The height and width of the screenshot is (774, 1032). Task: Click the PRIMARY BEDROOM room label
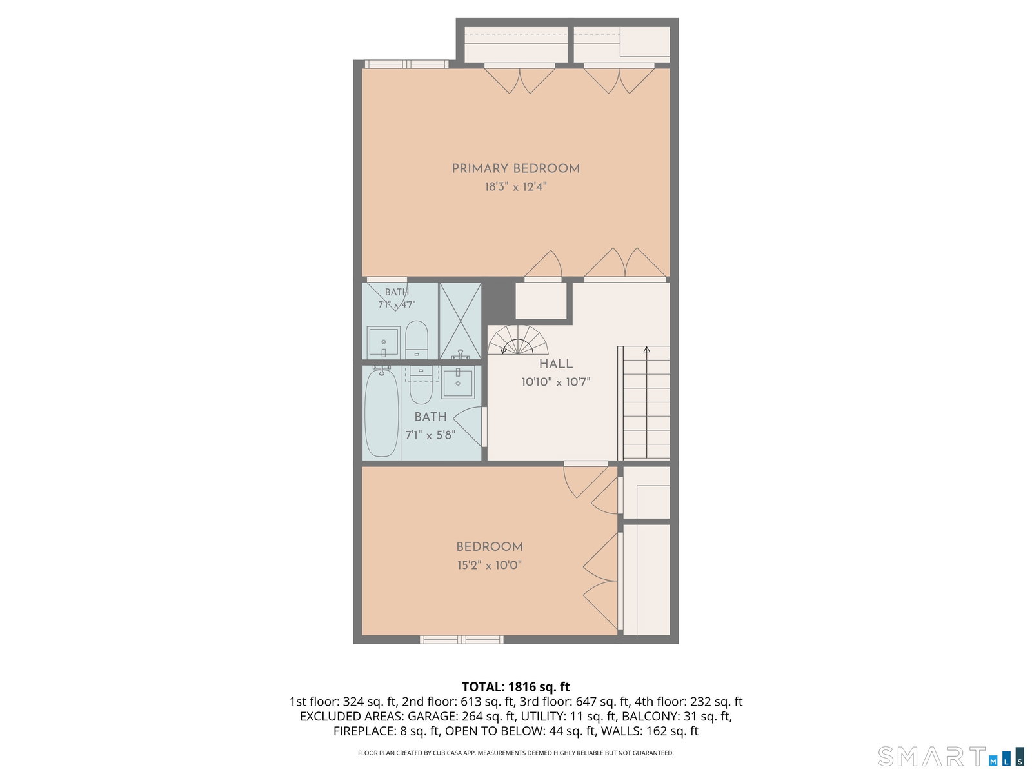[515, 168]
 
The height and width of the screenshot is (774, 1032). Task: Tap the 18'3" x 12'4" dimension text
[515, 186]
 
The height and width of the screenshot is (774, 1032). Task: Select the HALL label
[556, 364]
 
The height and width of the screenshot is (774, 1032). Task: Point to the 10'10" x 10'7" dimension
[556, 382]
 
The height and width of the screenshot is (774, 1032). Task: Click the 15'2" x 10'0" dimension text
[490, 565]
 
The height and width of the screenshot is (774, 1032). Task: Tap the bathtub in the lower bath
[382, 413]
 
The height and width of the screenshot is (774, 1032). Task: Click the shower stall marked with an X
[460, 321]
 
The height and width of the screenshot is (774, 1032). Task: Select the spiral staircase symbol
[518, 340]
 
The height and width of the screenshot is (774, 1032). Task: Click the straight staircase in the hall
[644, 402]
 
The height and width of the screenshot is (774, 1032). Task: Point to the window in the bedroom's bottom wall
[461, 640]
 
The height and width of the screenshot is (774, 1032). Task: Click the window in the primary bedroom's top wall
[407, 64]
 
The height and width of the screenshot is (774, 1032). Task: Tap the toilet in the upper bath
[417, 339]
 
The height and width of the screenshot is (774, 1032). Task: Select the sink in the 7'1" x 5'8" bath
[457, 382]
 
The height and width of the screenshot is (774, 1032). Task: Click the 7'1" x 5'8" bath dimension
[430, 435]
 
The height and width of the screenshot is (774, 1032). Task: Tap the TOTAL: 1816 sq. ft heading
[515, 687]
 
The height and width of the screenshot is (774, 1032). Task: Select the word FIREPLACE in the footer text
[361, 731]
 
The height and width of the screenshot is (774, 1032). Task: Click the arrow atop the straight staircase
[646, 350]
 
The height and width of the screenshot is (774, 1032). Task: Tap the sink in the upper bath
[383, 342]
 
